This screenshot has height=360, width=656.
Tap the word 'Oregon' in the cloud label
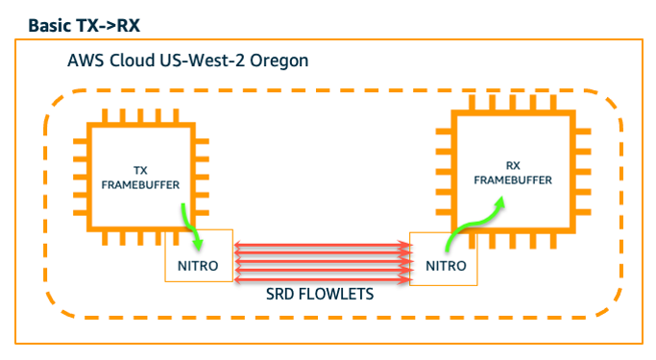tap(279, 60)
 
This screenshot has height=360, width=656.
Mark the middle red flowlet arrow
tap(321, 262)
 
